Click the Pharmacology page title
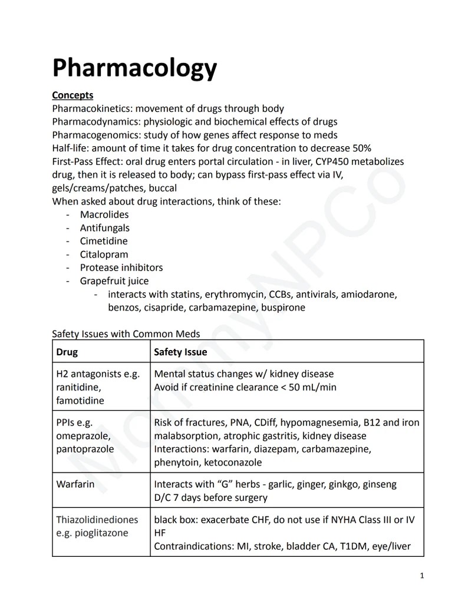click(134, 68)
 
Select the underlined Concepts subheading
click(72, 95)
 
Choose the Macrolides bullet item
click(104, 214)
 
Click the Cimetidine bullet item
click(104, 241)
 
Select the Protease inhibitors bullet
click(121, 268)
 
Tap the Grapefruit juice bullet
click(114, 281)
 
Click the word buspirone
click(282, 308)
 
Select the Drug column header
click(67, 352)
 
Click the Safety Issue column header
click(180, 352)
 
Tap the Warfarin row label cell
click(75, 484)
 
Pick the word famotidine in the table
click(80, 401)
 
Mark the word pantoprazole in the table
click(85, 450)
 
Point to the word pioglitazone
click(102, 533)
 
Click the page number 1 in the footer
click(422, 576)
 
